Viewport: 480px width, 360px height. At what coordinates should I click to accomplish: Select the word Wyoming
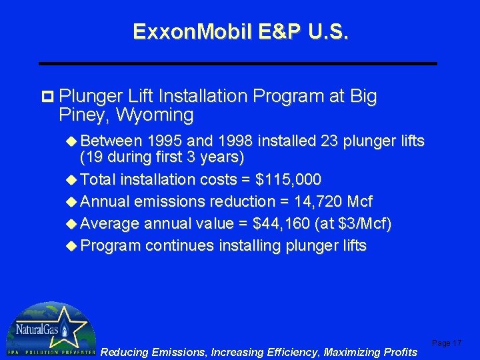coord(155,115)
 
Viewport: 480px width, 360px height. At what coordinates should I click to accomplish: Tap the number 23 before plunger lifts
coord(328,141)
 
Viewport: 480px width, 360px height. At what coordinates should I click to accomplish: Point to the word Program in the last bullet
coord(110,245)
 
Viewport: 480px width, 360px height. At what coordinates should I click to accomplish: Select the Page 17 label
coord(447,343)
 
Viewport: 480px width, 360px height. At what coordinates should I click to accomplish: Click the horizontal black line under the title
coord(238,63)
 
